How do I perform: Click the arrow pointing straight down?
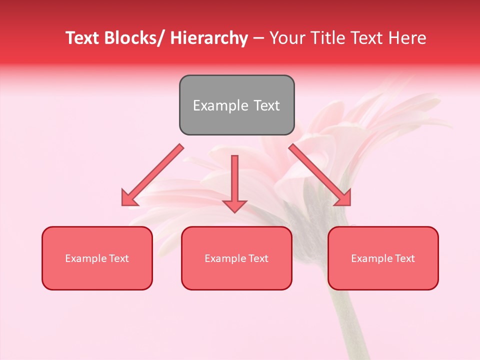(234, 182)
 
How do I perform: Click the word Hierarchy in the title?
(209, 38)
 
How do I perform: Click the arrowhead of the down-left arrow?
(128, 198)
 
